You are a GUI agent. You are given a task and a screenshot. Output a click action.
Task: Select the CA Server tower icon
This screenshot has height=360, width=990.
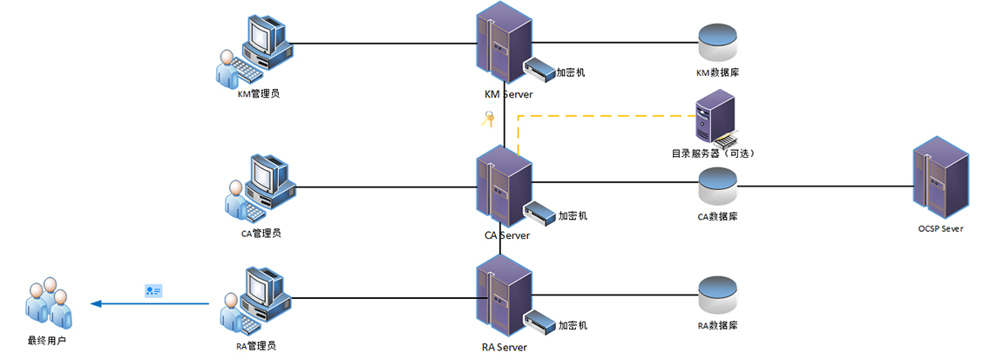(504, 186)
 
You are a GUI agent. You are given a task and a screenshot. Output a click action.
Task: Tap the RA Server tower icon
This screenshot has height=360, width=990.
(504, 297)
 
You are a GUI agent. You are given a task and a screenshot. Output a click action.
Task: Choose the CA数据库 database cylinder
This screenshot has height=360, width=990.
(718, 186)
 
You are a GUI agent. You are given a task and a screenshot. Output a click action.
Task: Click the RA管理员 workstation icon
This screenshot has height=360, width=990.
(257, 301)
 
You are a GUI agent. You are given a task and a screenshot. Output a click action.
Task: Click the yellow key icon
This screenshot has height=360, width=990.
(489, 119)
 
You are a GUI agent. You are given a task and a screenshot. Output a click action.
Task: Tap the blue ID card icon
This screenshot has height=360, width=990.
(153, 290)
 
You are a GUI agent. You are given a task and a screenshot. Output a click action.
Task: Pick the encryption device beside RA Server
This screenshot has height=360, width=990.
(540, 322)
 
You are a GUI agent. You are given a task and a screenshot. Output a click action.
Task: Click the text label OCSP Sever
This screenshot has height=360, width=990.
(940, 228)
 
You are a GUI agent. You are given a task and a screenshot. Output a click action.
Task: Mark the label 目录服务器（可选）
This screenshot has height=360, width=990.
(711, 153)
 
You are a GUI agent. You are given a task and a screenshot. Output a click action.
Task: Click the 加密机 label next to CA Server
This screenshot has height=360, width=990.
(573, 215)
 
